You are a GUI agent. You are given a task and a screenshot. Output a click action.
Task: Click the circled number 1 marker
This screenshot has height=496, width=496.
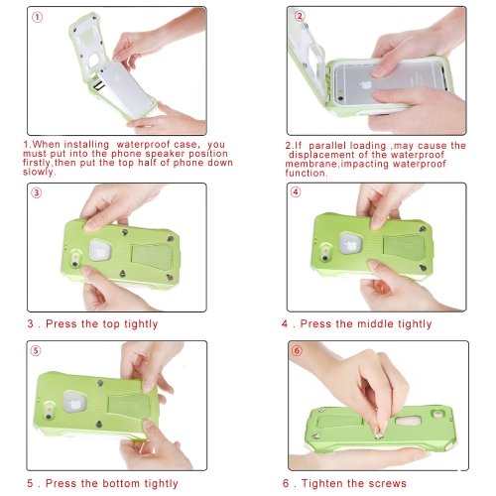37,17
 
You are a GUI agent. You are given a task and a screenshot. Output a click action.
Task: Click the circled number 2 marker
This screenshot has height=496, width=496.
300,16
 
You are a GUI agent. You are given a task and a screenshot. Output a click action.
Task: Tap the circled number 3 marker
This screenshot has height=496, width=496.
37,192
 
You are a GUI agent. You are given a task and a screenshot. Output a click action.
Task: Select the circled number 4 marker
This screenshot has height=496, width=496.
296,192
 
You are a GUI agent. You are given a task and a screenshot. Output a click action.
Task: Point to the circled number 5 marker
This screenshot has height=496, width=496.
36,351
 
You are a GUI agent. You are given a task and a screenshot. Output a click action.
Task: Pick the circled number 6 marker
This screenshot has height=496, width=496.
297,350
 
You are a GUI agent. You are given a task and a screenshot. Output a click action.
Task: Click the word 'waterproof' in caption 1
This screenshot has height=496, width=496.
143,145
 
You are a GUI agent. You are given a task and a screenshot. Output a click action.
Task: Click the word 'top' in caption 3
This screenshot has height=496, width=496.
110,324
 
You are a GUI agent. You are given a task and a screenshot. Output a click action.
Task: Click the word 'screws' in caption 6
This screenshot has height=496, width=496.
388,484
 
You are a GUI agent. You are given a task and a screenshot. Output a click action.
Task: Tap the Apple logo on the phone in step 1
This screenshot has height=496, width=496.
117,78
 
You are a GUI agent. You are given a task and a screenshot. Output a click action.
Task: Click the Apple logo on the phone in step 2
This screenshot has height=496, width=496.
365,85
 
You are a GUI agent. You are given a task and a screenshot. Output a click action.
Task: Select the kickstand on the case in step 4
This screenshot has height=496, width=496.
404,249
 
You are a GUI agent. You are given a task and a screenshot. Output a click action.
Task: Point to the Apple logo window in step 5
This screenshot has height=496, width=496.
75,402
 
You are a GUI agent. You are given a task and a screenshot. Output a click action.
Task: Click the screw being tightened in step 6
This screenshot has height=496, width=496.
379,435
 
